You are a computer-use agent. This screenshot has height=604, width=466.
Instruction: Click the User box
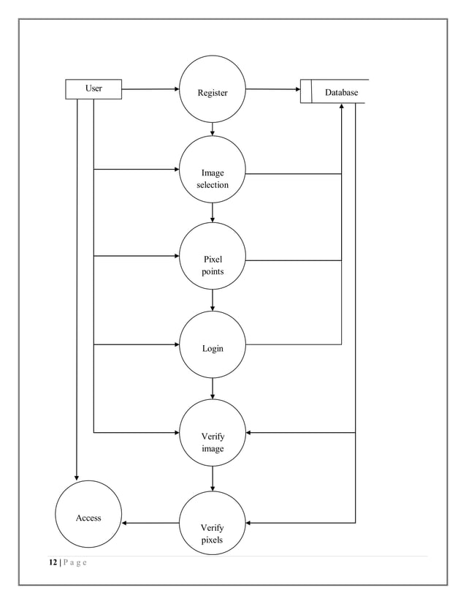click(93, 88)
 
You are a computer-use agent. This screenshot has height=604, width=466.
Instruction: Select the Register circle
click(213, 92)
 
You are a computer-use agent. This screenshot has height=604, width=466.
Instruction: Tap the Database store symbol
click(334, 92)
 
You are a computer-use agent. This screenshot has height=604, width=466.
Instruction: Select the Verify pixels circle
click(213, 524)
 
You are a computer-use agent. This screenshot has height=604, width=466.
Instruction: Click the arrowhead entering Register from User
click(176, 89)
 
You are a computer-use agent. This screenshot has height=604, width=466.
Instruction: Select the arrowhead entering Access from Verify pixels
click(126, 523)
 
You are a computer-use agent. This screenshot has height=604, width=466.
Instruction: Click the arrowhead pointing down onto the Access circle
click(77, 477)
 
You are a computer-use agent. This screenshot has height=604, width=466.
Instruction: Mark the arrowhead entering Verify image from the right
click(250, 433)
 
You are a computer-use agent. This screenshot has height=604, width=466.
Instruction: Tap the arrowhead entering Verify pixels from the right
click(250, 523)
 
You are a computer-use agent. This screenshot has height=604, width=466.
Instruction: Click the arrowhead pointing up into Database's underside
click(342, 107)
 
